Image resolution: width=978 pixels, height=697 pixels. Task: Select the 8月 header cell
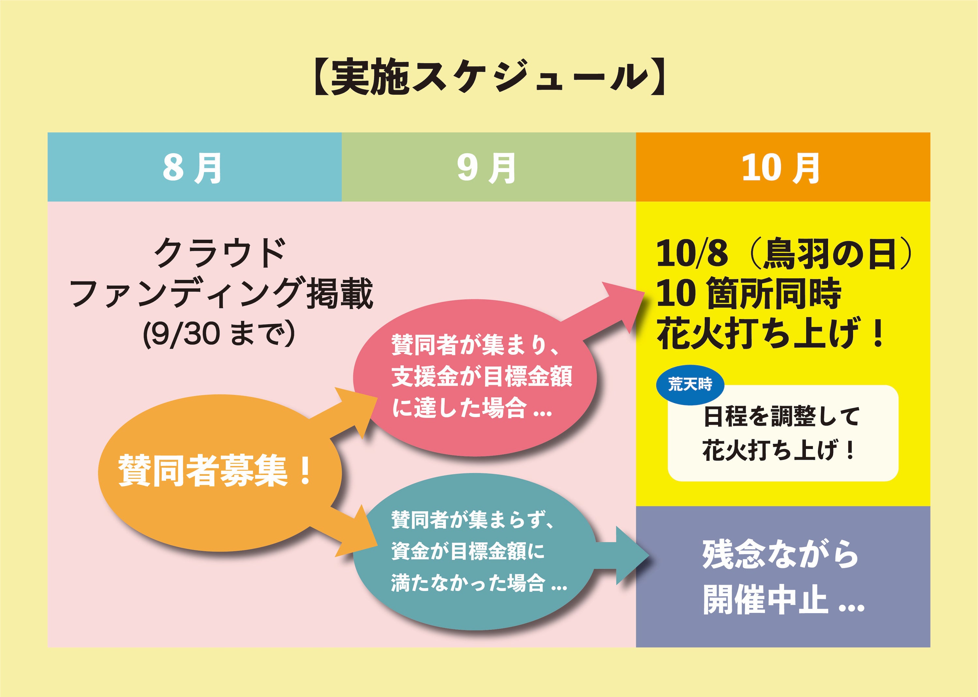click(x=194, y=167)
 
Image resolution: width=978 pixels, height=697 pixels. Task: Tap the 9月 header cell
click(x=489, y=167)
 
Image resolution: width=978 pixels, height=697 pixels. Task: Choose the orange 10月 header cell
click(x=783, y=167)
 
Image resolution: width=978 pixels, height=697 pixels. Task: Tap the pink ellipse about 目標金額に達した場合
click(x=474, y=378)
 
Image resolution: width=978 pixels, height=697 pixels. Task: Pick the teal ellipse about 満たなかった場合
click(x=474, y=551)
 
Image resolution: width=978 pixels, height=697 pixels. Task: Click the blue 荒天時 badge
click(x=690, y=385)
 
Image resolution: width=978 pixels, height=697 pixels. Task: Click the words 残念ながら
click(x=780, y=555)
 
